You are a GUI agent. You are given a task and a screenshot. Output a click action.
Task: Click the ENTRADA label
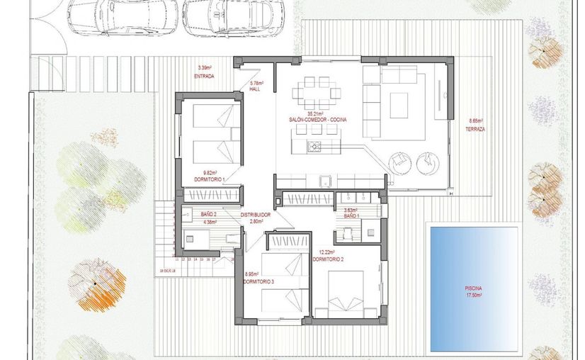pos(204,76)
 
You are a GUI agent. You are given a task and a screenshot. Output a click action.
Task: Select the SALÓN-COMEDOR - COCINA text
pos(317,120)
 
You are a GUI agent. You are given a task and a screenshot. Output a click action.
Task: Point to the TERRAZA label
pos(475,129)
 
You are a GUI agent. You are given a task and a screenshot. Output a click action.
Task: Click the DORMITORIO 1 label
pos(210,179)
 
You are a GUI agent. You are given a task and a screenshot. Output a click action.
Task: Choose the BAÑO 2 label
pos(208,214)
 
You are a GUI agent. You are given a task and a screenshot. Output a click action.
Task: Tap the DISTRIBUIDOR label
pos(256,214)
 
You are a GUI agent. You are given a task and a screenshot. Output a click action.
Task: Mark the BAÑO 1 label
pos(352,215)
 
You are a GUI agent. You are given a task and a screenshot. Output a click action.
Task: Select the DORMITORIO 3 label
pos(259,281)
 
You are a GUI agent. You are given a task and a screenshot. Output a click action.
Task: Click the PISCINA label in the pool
pos(473,288)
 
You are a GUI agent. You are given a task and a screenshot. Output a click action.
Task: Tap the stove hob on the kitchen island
pos(313,147)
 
